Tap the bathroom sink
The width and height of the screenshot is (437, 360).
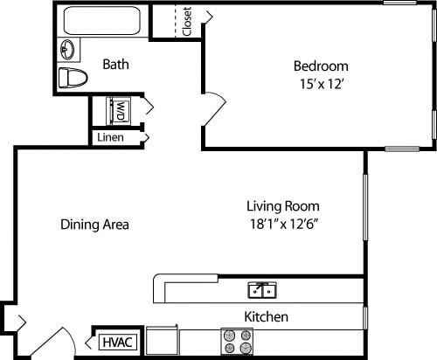point(68,49)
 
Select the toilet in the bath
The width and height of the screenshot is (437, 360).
point(73,78)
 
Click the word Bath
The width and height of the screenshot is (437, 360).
point(116,64)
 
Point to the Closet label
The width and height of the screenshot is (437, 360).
point(187,22)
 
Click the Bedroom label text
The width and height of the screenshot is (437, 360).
point(320,66)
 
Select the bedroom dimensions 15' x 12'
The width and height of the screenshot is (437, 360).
point(320,84)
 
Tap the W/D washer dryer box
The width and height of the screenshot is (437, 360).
point(118,111)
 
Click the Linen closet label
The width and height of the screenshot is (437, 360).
point(110,138)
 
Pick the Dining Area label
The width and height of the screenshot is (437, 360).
point(94,225)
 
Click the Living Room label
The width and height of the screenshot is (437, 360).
point(282,206)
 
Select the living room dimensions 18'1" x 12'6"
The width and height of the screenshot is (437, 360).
point(282,225)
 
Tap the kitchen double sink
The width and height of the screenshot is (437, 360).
point(262,289)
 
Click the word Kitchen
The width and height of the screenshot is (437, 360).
point(266,316)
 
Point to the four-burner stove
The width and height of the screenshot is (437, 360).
point(237,342)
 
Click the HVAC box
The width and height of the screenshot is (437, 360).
point(116,342)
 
